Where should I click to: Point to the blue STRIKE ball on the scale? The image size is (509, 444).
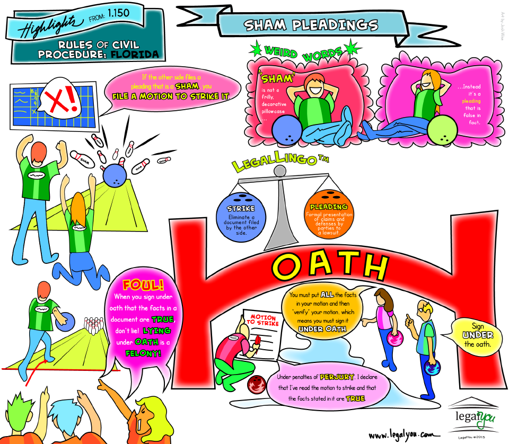[x=241, y=218]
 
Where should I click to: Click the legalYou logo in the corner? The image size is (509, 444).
[x=473, y=415]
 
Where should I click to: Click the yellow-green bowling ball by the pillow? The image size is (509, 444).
[x=442, y=131]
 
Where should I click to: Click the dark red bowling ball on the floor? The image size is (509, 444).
[x=257, y=383]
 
